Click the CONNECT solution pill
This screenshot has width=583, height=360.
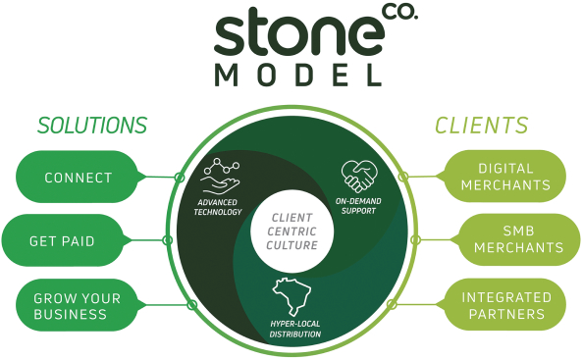click(77, 177)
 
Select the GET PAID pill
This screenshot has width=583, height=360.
click(63, 240)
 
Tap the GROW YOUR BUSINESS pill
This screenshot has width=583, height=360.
click(77, 305)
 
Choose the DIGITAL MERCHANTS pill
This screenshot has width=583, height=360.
click(504, 177)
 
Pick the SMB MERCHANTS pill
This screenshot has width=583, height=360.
click(519, 239)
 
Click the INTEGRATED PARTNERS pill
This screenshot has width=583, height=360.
click(504, 305)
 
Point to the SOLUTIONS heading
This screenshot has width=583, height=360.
click(92, 126)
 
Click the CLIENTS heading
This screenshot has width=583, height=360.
click(482, 126)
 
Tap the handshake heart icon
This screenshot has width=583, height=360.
click(359, 177)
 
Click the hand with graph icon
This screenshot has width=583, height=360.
click(221, 177)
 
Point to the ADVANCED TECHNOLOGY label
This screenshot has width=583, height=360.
click(218, 207)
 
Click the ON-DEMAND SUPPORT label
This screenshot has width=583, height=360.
click(358, 206)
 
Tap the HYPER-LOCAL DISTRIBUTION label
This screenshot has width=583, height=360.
click(295, 330)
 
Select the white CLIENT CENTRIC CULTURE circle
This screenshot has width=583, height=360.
click(292, 231)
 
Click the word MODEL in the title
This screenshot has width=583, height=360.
click(298, 76)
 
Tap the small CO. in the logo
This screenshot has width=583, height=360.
click(399, 12)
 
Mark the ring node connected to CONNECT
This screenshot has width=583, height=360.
click(180, 178)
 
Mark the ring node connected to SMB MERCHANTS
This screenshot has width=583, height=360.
click(415, 240)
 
